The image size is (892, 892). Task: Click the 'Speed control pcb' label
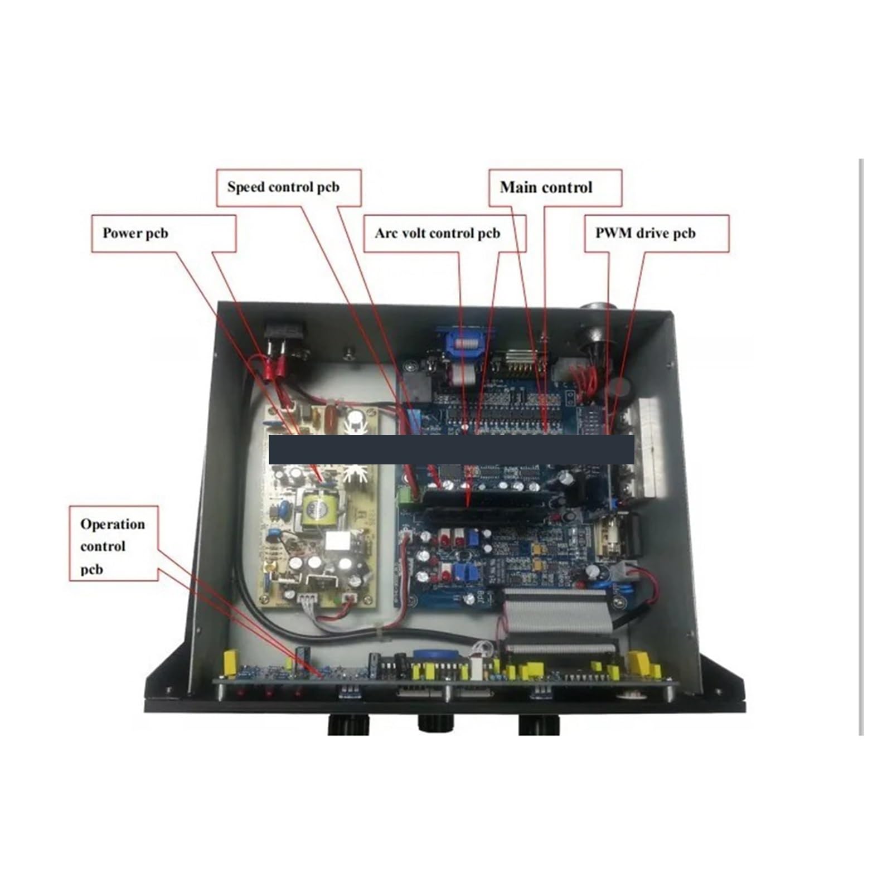point(283,187)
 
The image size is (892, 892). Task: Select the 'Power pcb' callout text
point(135,233)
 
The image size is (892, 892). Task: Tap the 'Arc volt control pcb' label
point(438,233)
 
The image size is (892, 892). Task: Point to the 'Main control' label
point(546,187)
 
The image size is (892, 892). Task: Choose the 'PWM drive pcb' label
point(646,233)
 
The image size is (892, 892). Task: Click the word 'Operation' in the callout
point(113,524)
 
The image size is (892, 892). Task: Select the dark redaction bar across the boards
point(452,449)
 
